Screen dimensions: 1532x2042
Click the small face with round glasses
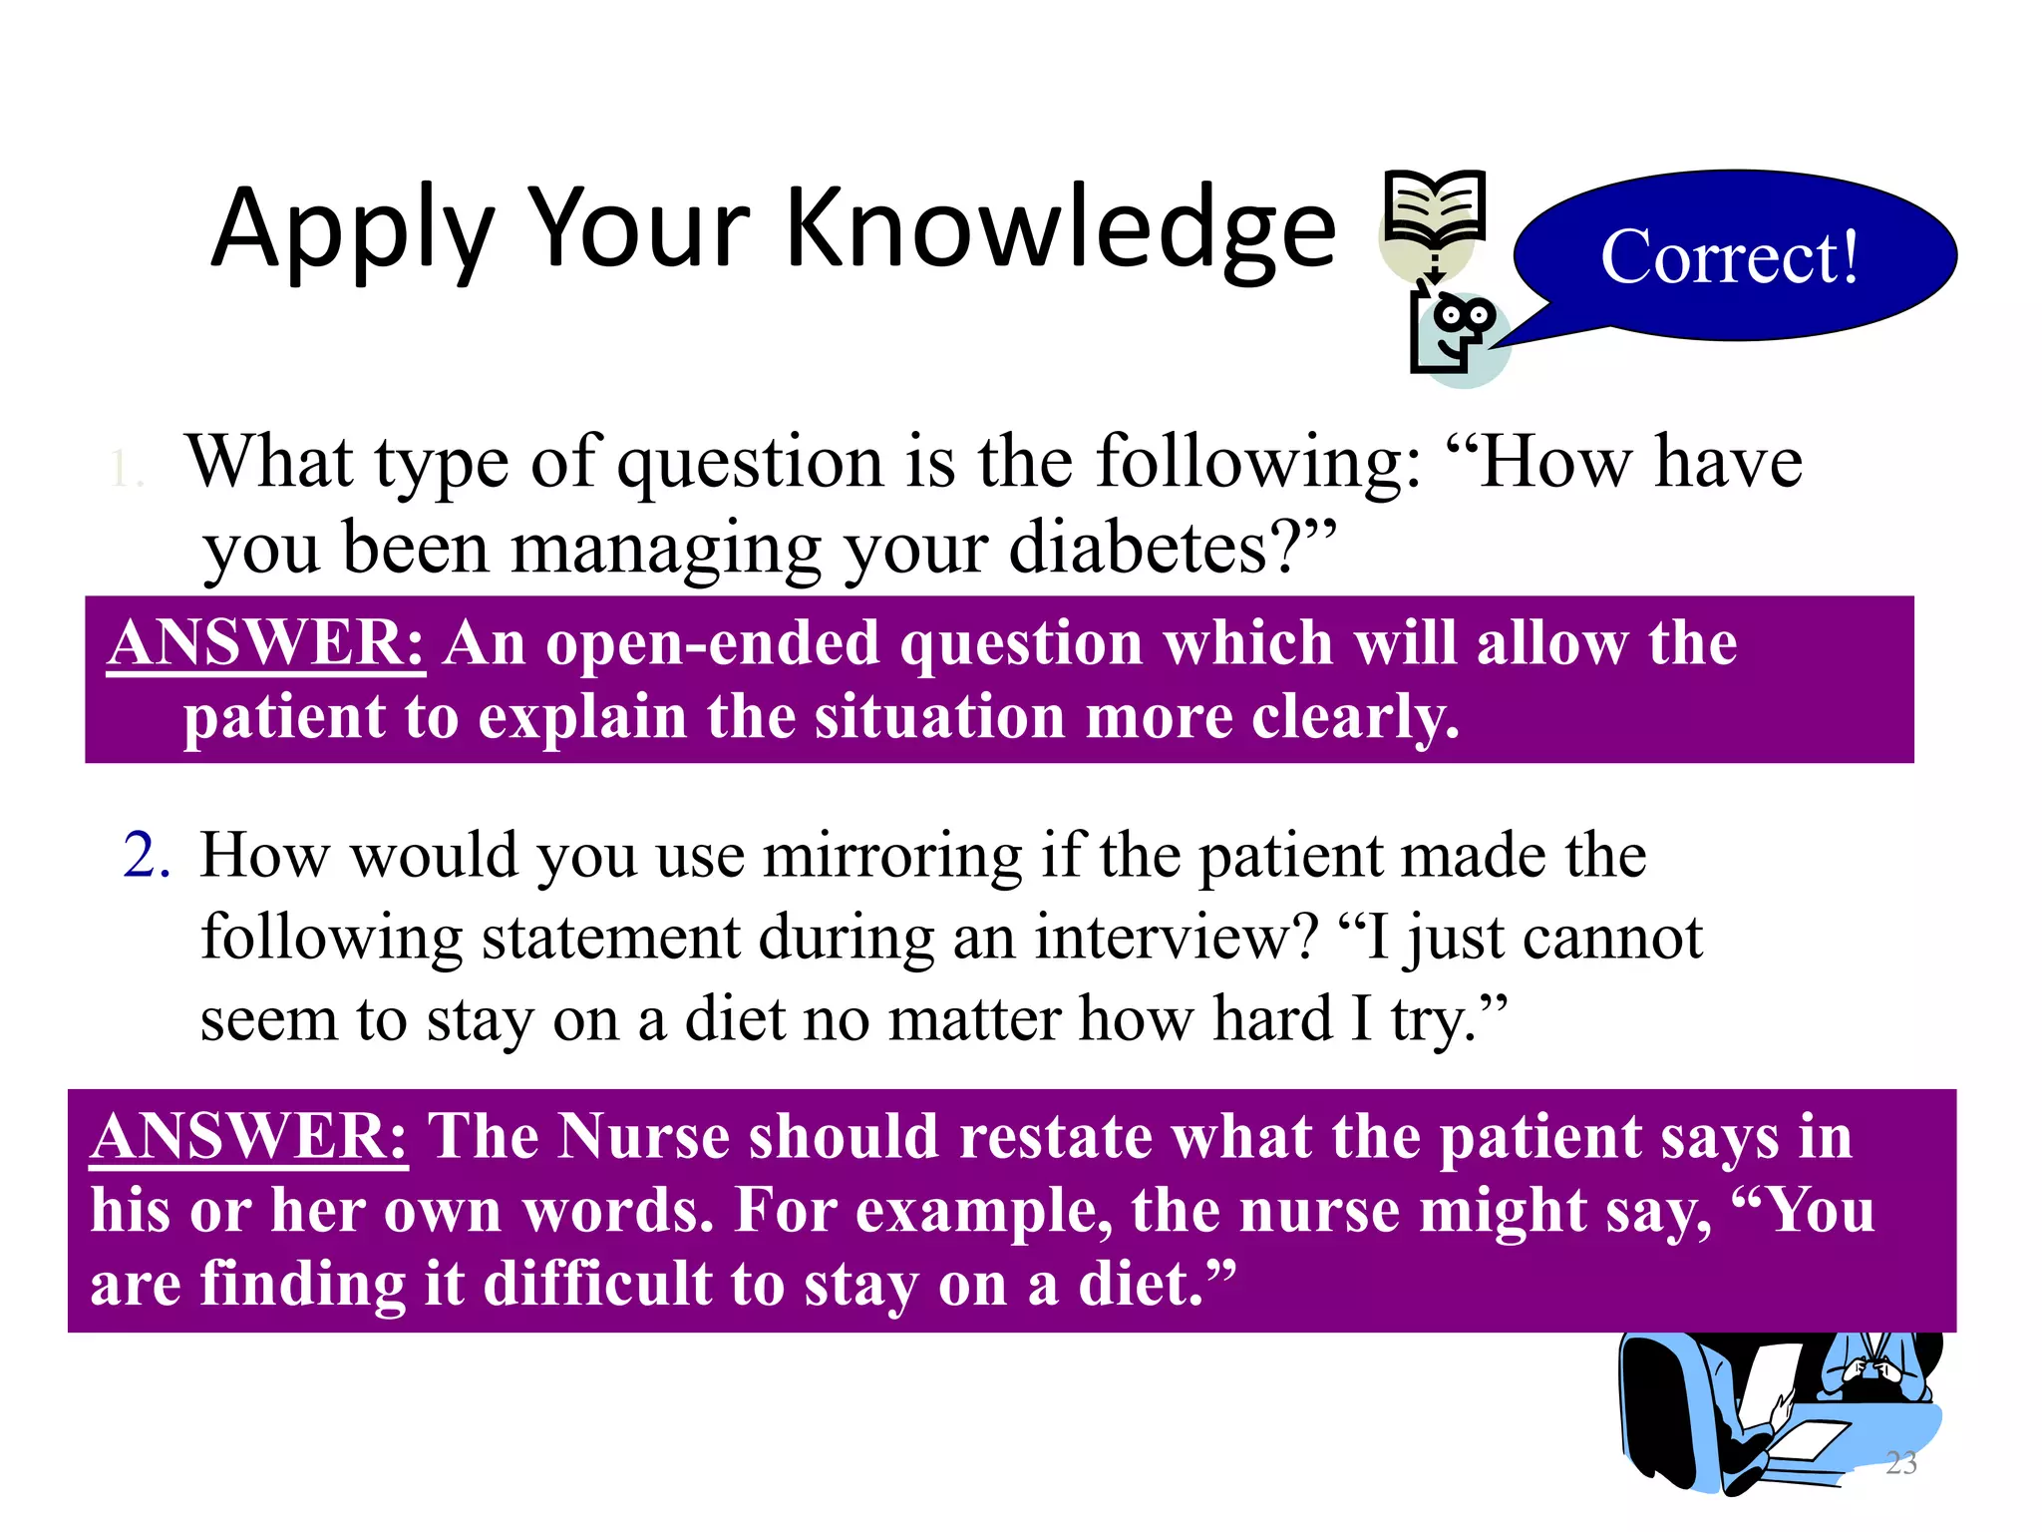(1462, 323)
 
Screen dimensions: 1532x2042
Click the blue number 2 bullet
(147, 856)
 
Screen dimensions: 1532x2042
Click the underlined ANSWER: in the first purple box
(266, 643)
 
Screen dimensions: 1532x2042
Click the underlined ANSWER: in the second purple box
(249, 1137)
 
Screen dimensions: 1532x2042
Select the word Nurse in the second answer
(643, 1137)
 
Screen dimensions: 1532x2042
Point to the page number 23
(1900, 1463)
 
